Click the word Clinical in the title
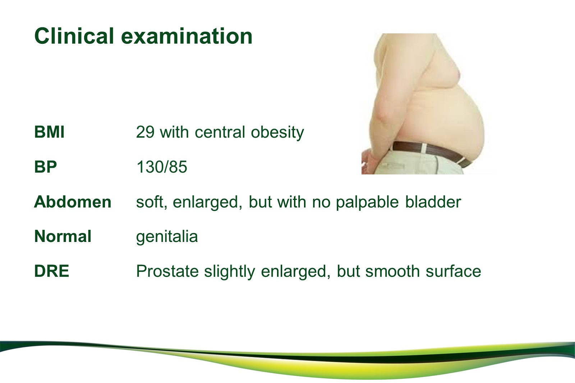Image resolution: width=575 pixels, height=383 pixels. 74,36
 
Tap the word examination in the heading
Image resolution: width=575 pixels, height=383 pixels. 187,36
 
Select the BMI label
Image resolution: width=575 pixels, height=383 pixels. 49,132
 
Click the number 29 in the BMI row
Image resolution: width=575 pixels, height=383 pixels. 145,132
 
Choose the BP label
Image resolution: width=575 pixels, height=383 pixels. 45,167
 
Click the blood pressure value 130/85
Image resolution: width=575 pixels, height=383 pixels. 161,167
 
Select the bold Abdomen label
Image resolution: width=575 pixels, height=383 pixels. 73,202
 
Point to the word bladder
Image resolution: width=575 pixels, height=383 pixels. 433,202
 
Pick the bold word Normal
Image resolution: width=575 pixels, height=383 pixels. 63,236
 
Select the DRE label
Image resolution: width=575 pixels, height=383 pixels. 51,271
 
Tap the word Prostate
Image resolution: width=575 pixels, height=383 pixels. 167,271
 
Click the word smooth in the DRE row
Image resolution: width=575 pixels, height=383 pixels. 392,271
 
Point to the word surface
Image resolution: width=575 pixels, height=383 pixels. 453,271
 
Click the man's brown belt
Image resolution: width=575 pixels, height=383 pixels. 431,151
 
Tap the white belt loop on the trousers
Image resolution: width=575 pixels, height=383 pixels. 424,149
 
